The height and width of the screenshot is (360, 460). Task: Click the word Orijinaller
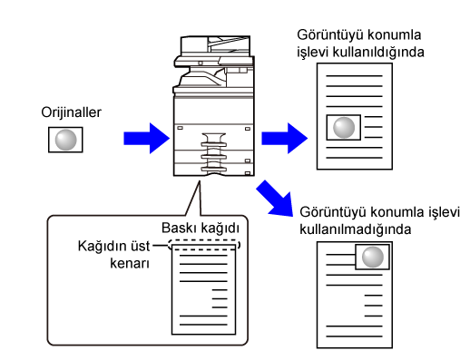(71, 112)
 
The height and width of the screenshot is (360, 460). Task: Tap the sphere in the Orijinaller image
(65, 140)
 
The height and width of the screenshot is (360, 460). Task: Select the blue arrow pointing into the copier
(147, 138)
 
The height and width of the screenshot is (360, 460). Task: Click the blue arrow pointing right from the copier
(285, 138)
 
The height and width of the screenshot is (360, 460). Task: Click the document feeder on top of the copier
(215, 46)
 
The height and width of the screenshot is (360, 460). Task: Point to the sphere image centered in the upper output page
(344, 127)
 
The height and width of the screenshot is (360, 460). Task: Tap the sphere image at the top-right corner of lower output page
(372, 257)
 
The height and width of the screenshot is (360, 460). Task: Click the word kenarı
(130, 263)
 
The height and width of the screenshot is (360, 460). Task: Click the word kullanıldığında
(378, 53)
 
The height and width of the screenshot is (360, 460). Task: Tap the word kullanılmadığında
(356, 229)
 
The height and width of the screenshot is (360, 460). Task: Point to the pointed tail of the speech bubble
(200, 181)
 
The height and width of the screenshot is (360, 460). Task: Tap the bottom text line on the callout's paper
(203, 325)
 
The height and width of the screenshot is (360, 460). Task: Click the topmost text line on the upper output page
(354, 76)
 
